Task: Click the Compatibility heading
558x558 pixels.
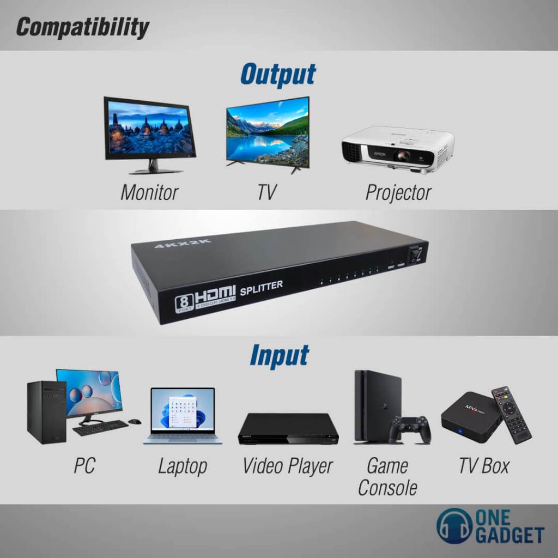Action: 82,27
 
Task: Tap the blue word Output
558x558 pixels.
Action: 278,75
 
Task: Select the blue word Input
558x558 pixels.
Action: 279,355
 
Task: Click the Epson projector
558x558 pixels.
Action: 398,149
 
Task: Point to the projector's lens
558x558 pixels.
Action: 403,156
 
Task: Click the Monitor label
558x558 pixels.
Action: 149,192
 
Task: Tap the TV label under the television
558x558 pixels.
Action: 267,192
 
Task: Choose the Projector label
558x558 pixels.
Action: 398,192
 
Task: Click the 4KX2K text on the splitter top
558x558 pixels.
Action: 183,243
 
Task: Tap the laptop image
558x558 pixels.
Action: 183,416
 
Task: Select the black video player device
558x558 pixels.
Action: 288,429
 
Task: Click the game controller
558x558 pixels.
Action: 409,429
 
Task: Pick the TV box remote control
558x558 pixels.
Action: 511,414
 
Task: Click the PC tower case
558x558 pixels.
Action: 46,411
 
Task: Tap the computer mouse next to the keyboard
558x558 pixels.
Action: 135,421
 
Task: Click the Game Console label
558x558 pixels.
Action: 387,477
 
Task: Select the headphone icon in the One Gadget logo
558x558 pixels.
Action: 454,526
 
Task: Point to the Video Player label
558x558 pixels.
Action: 287,466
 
